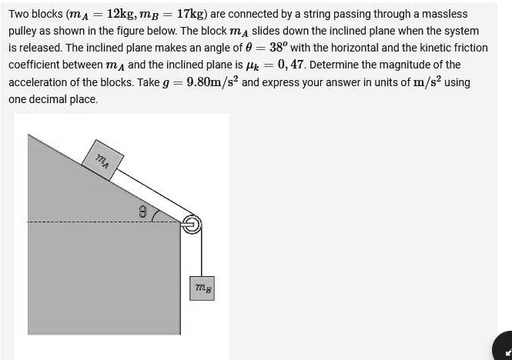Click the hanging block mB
204,288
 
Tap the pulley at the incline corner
192,224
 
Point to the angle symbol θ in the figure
142,211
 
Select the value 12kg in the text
122,14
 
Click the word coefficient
36,65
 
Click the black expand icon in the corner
504,348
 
